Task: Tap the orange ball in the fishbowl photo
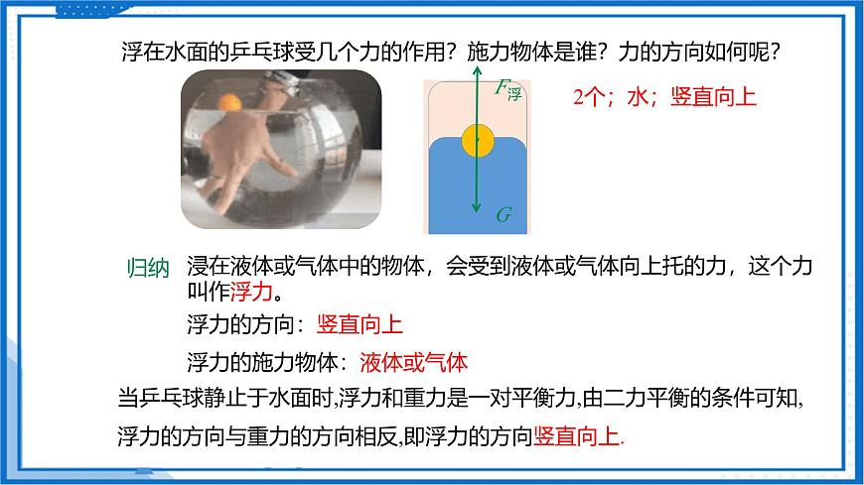click(231, 100)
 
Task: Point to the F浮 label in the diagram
click(507, 90)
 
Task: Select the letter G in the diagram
click(503, 214)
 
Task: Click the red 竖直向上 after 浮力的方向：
click(360, 324)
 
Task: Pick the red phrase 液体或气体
click(415, 362)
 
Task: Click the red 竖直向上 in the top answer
click(714, 97)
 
